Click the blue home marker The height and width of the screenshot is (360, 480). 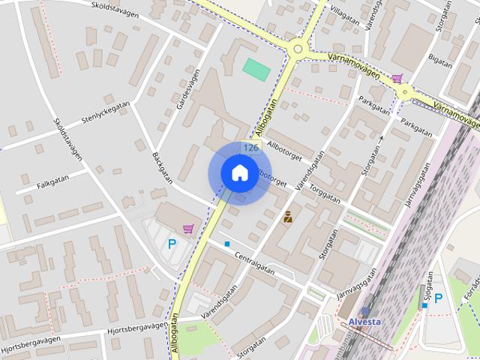(x=239, y=172)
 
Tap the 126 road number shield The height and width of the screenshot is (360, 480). (x=251, y=148)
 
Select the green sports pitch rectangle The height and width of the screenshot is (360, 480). (x=256, y=70)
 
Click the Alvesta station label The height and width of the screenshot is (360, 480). (x=364, y=322)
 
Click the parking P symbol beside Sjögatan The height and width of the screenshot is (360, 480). (x=439, y=298)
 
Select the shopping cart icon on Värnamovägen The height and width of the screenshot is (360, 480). (x=397, y=76)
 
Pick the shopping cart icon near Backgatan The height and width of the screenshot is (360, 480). (x=188, y=228)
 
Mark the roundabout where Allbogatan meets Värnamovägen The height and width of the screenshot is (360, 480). (x=298, y=49)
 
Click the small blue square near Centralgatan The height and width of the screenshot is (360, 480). (x=227, y=244)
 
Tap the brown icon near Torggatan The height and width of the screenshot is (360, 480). (x=288, y=217)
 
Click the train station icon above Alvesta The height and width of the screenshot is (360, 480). (x=365, y=310)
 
